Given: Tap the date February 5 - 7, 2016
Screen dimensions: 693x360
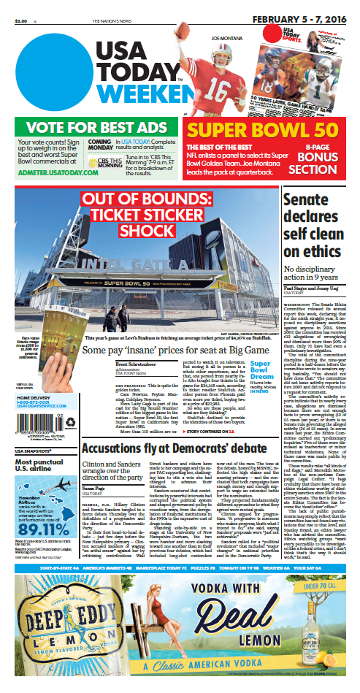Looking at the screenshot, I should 302,7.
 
